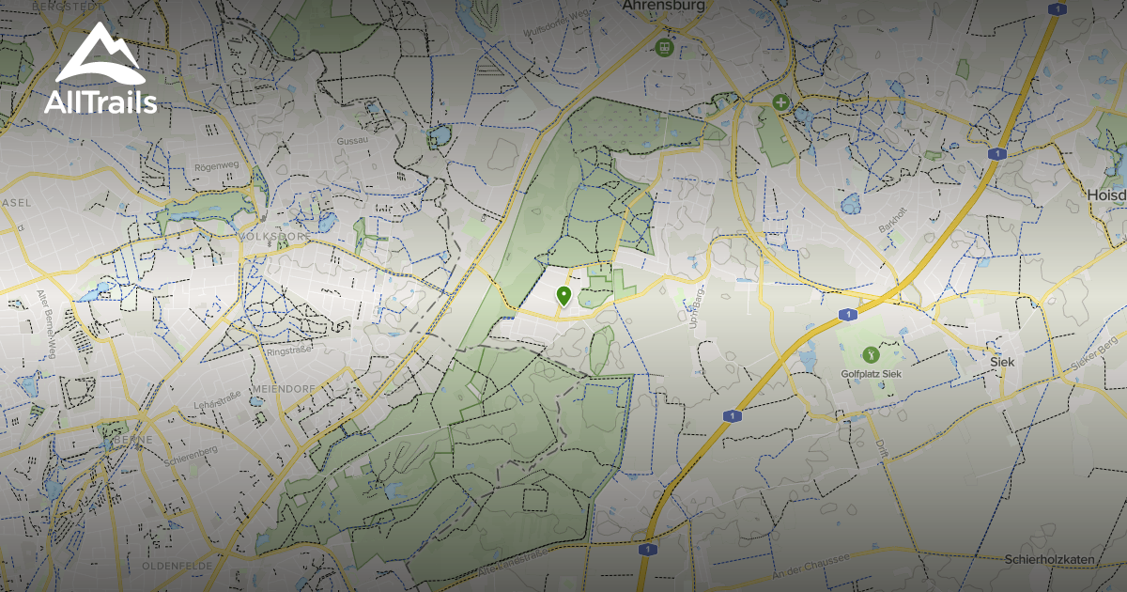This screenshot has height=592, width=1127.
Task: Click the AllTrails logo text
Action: [x=100, y=102]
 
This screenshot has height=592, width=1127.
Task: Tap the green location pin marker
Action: [x=563, y=296]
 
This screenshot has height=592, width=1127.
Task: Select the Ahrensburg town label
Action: [x=664, y=6]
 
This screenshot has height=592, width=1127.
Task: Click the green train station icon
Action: [x=665, y=46]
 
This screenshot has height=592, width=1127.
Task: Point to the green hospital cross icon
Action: [x=780, y=101]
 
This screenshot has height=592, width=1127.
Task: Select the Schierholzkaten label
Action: [x=1049, y=559]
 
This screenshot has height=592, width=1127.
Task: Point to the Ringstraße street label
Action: [x=288, y=351]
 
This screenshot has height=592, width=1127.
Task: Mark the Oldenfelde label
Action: [x=172, y=567]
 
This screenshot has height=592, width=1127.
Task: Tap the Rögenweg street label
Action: [x=217, y=165]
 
